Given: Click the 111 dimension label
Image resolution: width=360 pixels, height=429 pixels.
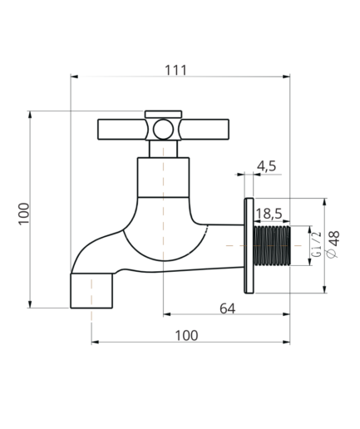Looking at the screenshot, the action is point(176,70).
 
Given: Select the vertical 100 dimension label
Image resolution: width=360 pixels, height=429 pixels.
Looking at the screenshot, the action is point(24,214).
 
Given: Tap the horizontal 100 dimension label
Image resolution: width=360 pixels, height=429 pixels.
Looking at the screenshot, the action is point(186,336).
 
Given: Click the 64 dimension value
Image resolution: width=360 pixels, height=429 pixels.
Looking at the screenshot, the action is point(228,308).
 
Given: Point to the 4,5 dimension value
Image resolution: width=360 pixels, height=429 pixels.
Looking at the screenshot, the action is point(267,166).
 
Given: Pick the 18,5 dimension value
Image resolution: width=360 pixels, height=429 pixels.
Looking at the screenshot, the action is point(269,214).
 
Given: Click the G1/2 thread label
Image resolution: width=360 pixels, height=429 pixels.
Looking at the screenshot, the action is point(317,245).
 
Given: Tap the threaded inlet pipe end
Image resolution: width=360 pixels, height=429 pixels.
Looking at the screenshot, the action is point(272,245).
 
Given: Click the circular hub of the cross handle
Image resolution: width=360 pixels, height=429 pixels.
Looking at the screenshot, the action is point(164,129).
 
